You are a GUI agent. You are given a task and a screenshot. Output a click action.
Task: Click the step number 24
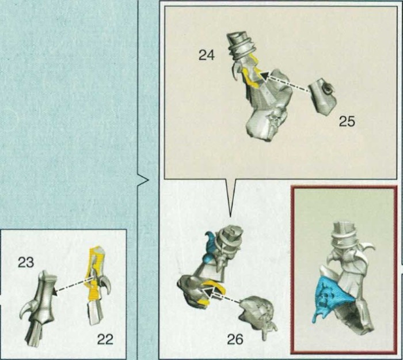(x=207, y=55)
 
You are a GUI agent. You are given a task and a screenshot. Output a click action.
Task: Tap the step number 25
(x=347, y=121)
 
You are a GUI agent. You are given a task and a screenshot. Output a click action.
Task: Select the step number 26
(x=235, y=339)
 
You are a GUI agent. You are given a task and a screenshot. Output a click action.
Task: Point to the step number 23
(x=26, y=263)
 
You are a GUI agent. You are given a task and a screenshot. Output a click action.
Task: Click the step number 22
(x=105, y=339)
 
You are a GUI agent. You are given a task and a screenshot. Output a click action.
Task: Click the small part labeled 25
(x=322, y=96)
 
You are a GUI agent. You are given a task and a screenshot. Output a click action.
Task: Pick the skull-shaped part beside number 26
(x=258, y=316)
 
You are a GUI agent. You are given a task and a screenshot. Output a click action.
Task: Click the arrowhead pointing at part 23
(x=55, y=291)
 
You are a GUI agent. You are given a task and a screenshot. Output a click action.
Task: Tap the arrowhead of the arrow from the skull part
(x=208, y=291)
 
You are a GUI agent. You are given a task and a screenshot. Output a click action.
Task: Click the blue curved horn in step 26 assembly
(x=211, y=247)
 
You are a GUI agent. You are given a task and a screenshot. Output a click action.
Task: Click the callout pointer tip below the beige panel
(x=230, y=216)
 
